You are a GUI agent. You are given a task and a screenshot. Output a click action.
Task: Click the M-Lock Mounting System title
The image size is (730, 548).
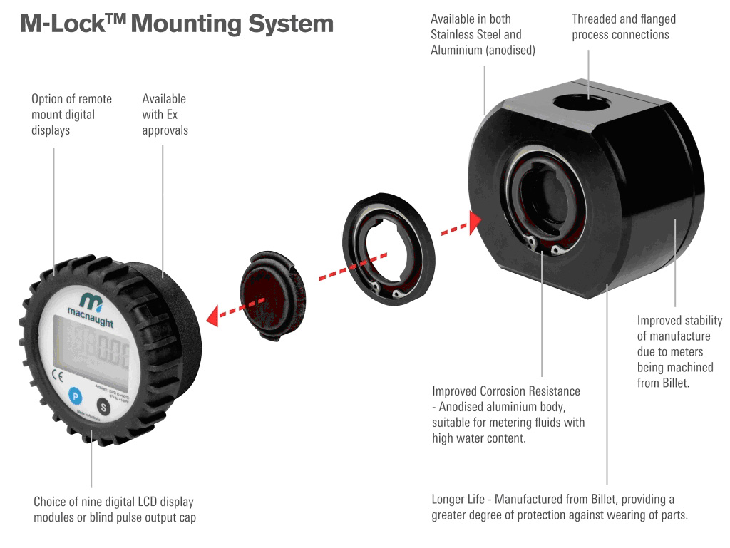point(176,24)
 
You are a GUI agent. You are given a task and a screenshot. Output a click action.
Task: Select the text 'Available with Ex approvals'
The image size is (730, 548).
point(165,114)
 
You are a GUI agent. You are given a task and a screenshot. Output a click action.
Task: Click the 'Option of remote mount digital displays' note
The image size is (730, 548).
point(71,114)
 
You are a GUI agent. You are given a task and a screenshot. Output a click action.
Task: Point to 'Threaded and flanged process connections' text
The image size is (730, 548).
point(623,26)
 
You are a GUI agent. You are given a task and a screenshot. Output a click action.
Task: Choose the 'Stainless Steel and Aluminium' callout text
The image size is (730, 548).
point(483,34)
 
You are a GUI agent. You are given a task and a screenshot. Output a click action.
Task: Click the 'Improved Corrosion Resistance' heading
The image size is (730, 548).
point(506,391)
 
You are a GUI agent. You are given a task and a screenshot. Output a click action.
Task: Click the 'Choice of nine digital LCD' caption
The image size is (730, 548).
point(114,510)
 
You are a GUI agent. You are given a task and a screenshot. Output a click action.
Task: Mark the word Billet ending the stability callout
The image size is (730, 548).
point(653,383)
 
